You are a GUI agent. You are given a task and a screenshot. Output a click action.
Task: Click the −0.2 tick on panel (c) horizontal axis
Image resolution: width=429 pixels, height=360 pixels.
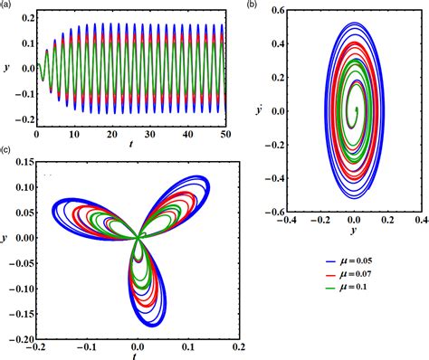(x=35, y=346)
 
